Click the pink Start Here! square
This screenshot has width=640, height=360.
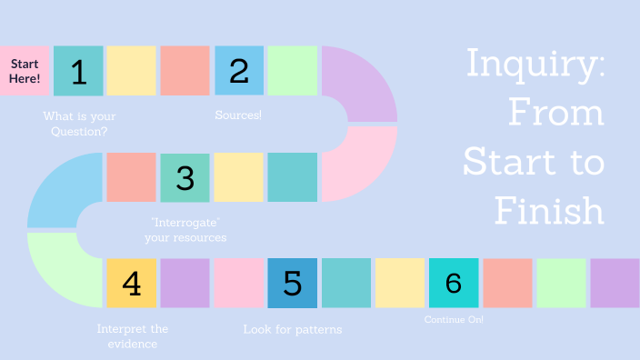tap(25, 71)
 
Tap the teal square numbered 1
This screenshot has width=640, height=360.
tap(78, 71)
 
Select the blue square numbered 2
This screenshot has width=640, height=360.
tap(239, 71)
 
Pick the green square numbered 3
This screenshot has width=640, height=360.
tap(185, 177)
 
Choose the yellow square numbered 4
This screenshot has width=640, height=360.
tap(132, 283)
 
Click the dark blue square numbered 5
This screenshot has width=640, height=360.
tap(293, 283)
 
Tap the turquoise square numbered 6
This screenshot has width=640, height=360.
tap(454, 283)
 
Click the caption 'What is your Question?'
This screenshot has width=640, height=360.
tap(80, 124)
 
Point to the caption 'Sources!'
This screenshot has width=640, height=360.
tap(238, 115)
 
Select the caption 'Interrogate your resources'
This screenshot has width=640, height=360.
tap(185, 230)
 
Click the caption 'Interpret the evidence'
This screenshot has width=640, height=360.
tap(133, 336)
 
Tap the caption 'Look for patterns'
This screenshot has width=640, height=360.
tap(293, 329)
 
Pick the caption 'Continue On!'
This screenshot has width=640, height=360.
tap(454, 320)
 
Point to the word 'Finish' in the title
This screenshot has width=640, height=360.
tap(550, 211)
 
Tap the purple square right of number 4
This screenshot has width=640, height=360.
tap(185, 283)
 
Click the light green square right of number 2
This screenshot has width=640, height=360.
tap(293, 71)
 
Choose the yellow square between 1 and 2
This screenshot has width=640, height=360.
tap(132, 71)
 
